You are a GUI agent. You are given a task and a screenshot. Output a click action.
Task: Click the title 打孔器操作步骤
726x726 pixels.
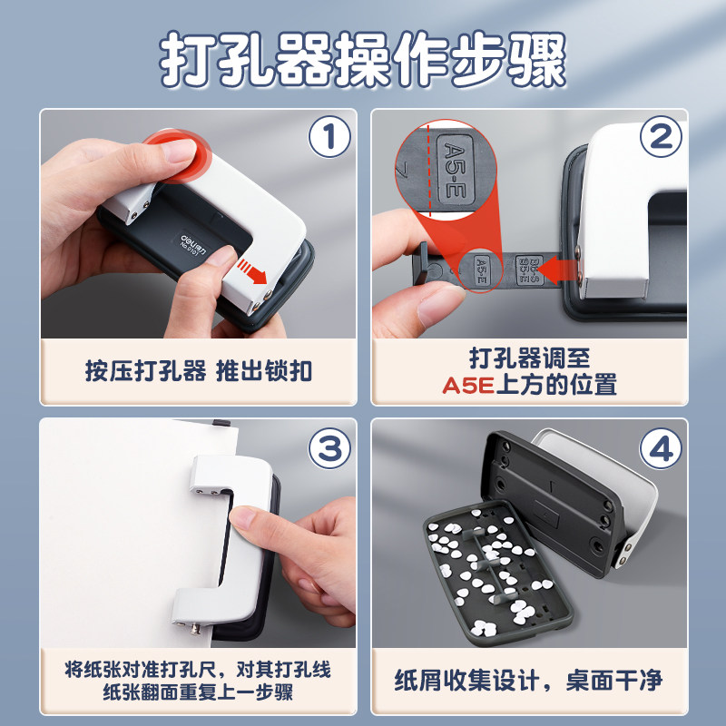(x=363, y=61)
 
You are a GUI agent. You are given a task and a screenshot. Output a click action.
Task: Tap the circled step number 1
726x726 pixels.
(x=329, y=139)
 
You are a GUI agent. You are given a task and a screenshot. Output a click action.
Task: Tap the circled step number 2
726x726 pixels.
(x=661, y=138)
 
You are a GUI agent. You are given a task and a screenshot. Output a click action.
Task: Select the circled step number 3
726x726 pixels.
(x=329, y=447)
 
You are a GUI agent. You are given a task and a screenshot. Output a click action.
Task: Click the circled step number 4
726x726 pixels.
(x=661, y=447)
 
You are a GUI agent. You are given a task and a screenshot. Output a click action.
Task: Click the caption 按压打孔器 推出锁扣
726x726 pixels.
(x=197, y=371)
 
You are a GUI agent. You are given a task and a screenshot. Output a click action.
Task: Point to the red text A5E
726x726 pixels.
(x=467, y=385)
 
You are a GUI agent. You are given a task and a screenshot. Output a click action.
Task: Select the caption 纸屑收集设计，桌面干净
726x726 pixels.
(x=529, y=680)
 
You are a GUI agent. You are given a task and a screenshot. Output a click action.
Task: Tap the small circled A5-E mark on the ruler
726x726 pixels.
(x=481, y=268)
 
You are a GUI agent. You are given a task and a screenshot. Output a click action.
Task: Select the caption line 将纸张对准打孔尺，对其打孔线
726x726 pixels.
(x=197, y=670)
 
